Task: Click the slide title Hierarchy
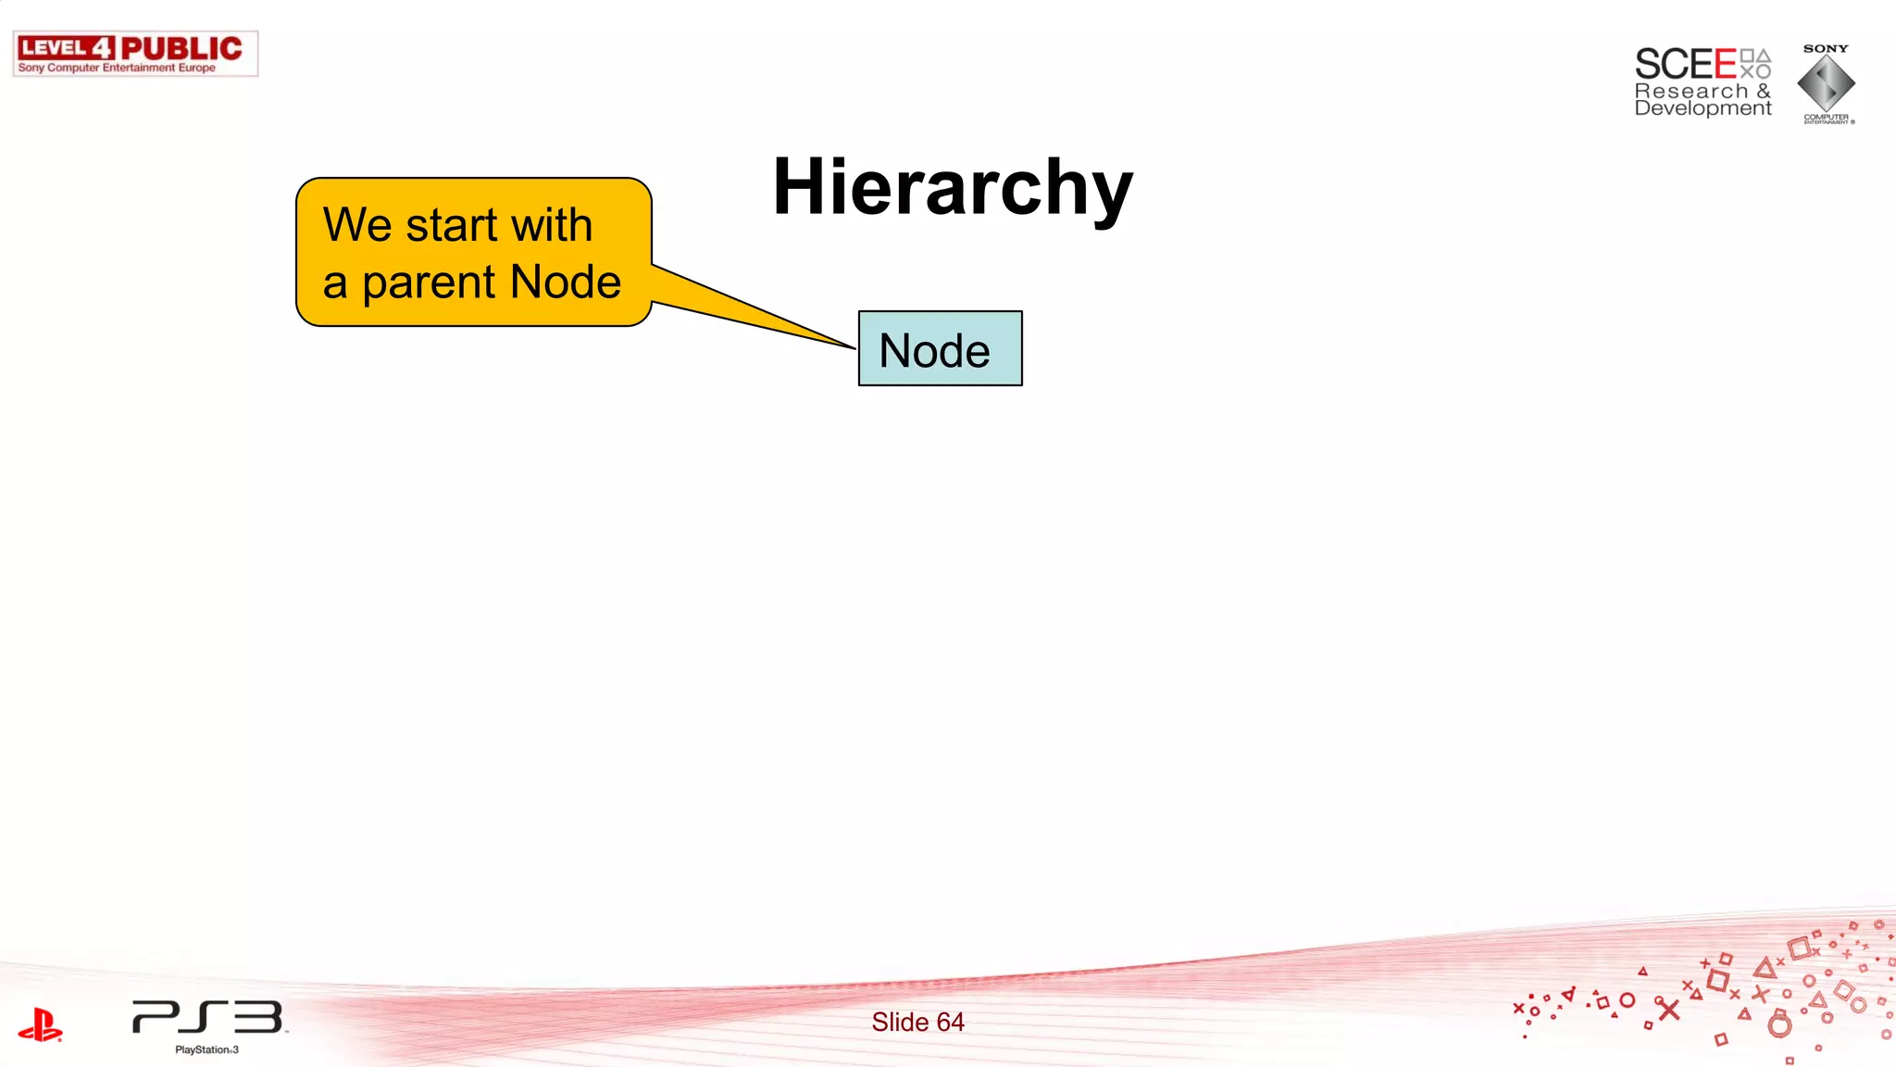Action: click(x=952, y=189)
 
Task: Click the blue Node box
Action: click(x=940, y=349)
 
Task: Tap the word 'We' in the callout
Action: click(x=357, y=225)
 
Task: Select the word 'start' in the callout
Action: click(x=452, y=225)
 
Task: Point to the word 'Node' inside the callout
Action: click(x=565, y=282)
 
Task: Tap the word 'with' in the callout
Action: click(x=552, y=225)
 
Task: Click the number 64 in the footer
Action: click(x=950, y=1022)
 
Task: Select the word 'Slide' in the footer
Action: click(x=900, y=1022)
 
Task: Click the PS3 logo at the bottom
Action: click(x=207, y=1017)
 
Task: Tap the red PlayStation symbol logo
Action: click(x=40, y=1024)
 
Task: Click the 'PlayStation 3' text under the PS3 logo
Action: click(x=206, y=1049)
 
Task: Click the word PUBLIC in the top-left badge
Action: click(x=181, y=48)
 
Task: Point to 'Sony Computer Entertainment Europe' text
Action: click(x=117, y=68)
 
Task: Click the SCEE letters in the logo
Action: click(x=1685, y=65)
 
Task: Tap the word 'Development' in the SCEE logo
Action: click(x=1703, y=108)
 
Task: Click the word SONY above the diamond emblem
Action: click(x=1825, y=48)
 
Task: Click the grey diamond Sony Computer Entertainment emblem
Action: click(x=1826, y=83)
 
